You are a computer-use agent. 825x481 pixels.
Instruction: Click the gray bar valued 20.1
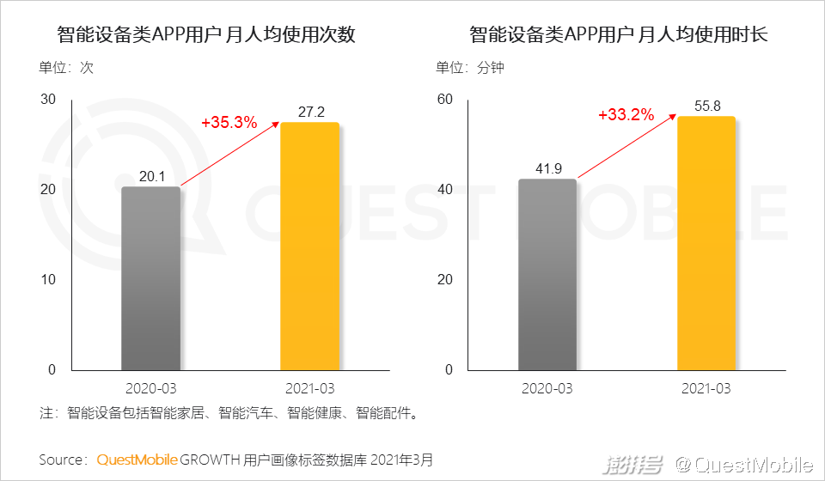pyautogui.click(x=150, y=278)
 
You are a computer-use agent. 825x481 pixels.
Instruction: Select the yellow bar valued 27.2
pyautogui.click(x=309, y=247)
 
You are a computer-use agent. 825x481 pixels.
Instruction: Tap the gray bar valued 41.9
pyautogui.click(x=547, y=275)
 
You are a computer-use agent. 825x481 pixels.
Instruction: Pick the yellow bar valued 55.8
pyautogui.click(x=706, y=243)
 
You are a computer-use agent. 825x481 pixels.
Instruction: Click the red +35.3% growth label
pyautogui.click(x=229, y=123)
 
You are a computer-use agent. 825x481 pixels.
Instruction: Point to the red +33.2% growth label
pyautogui.click(x=626, y=115)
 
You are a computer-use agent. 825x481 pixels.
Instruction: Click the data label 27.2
pyautogui.click(x=310, y=113)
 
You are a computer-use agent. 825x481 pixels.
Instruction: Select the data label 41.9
pyautogui.click(x=547, y=168)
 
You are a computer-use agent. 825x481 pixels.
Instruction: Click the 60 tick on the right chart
pyautogui.click(x=444, y=100)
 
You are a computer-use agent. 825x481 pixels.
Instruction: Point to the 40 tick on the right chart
pyautogui.click(x=444, y=190)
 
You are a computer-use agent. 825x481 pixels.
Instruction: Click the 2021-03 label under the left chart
pyautogui.click(x=309, y=388)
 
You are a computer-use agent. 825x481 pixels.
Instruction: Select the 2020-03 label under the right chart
pyautogui.click(x=547, y=388)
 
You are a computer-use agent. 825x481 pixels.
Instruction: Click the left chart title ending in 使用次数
pyautogui.click(x=206, y=36)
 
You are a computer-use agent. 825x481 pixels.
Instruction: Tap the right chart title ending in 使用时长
pyautogui.click(x=619, y=36)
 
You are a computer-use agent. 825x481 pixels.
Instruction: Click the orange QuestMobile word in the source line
pyautogui.click(x=137, y=460)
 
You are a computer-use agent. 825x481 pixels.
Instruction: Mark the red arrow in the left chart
pyautogui.click(x=230, y=154)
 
